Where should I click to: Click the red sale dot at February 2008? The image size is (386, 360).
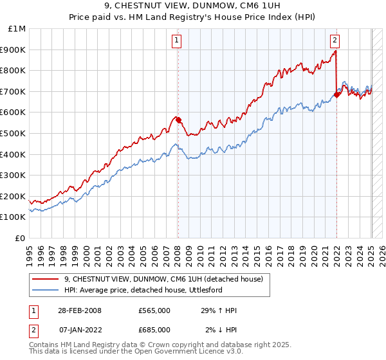(x=178, y=119)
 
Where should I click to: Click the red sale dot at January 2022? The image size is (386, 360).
(x=336, y=94)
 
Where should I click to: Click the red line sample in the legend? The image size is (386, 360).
(x=46, y=279)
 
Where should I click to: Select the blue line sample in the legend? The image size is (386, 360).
(x=46, y=290)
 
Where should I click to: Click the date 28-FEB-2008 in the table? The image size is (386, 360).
(x=80, y=310)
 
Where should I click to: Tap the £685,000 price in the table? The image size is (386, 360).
(x=154, y=330)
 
